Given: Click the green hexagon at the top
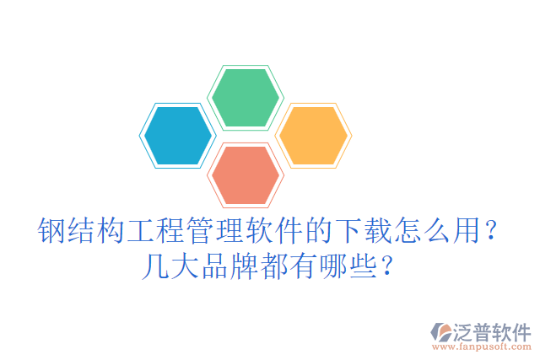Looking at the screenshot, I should click(245, 97).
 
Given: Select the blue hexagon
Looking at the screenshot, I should click(177, 135).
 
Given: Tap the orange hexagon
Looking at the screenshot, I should click(312, 135).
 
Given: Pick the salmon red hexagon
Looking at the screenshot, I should click(245, 175).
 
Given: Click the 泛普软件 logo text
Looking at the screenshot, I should click(493, 330).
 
